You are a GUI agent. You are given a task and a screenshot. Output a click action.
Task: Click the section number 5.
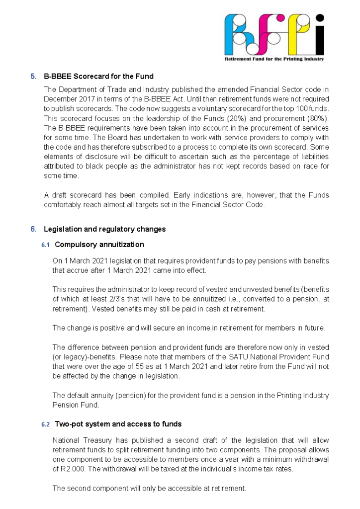point(33,77)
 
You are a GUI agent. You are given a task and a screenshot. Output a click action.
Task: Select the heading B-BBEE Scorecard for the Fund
point(98,77)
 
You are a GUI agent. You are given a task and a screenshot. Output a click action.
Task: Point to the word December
point(58,99)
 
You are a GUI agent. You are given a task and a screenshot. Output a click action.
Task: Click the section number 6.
point(33,229)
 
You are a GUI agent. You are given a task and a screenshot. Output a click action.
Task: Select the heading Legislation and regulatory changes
point(104,229)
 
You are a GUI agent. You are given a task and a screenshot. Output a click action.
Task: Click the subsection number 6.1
point(46,245)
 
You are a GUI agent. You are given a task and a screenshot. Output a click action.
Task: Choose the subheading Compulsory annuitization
point(99,245)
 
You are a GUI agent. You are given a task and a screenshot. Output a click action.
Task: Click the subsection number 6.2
point(46,424)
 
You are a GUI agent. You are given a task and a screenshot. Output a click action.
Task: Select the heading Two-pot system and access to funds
point(118,424)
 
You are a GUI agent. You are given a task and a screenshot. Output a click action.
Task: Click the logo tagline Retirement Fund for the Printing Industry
point(274,59)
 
